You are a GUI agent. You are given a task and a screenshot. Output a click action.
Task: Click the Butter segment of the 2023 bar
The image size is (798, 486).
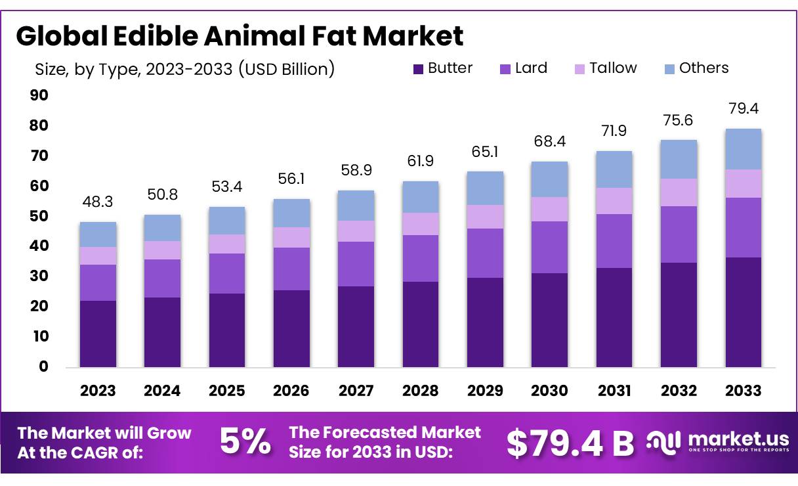98,334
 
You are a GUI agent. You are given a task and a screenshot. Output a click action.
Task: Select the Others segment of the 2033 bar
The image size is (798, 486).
743,149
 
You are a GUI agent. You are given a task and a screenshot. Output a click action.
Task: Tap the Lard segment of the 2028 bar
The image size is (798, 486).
421,258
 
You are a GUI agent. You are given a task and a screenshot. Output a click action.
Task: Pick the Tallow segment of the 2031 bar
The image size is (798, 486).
614,201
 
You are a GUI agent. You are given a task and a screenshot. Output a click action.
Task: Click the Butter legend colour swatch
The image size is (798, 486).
419,68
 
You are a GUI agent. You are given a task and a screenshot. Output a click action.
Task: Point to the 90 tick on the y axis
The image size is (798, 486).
39,96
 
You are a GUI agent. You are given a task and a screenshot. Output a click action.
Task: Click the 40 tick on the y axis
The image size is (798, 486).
39,246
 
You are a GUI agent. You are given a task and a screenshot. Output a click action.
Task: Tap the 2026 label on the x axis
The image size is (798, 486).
291,391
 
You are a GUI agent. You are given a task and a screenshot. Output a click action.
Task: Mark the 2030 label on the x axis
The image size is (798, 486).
549,391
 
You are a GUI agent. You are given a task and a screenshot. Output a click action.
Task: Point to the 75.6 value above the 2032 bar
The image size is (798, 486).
679,121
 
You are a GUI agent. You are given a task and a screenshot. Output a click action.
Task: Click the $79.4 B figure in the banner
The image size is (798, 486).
570,443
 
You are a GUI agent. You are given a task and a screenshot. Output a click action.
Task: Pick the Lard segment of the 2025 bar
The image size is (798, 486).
227,273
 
